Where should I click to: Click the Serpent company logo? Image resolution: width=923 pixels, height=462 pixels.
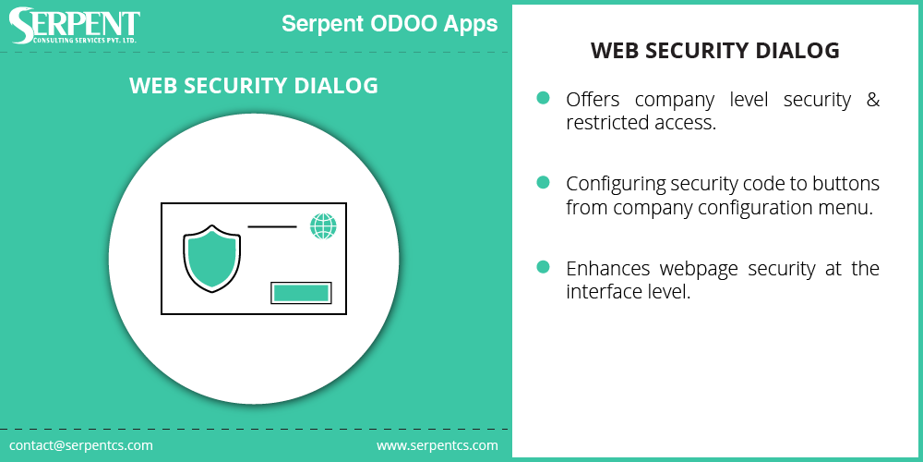pyautogui.click(x=75, y=26)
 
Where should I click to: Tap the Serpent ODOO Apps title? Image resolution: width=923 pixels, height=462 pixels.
pyautogui.click(x=390, y=24)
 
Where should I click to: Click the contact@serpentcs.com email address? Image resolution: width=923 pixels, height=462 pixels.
pyautogui.click(x=81, y=445)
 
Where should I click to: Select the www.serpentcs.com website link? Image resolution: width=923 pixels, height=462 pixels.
pyautogui.click(x=437, y=445)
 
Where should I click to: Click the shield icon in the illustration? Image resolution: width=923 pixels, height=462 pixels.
pyautogui.click(x=212, y=258)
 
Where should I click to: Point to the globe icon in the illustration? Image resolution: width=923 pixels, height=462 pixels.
pyautogui.click(x=323, y=226)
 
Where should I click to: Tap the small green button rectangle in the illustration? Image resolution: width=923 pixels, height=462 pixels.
pyautogui.click(x=301, y=293)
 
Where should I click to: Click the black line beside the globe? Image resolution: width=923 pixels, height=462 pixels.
pyautogui.click(x=271, y=225)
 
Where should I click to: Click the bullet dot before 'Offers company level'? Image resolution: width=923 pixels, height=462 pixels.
pyautogui.click(x=544, y=97)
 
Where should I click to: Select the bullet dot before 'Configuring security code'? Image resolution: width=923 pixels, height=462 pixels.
pyautogui.click(x=544, y=182)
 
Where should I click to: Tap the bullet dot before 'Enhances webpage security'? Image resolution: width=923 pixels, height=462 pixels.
pyautogui.click(x=544, y=267)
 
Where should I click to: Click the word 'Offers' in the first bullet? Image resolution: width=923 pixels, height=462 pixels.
pyautogui.click(x=593, y=100)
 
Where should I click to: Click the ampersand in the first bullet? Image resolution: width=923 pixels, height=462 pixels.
pyautogui.click(x=872, y=100)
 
